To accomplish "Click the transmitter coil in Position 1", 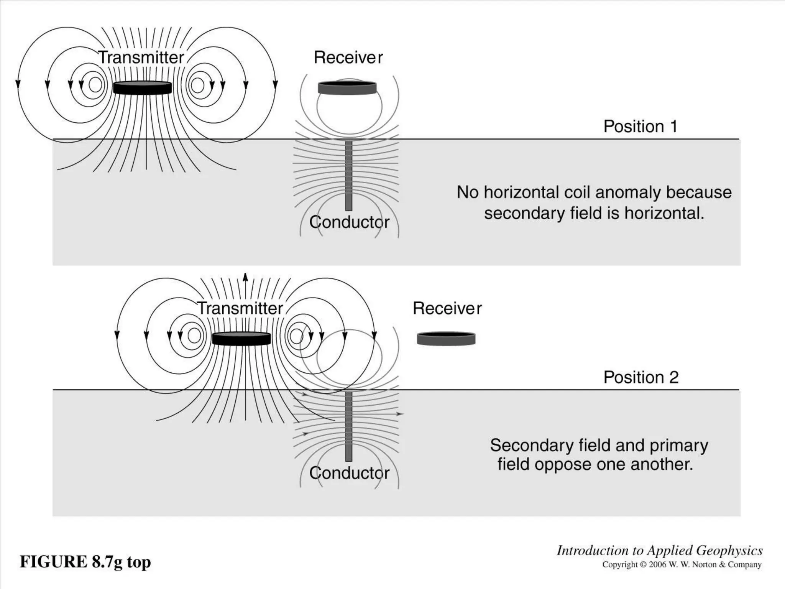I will [x=142, y=88].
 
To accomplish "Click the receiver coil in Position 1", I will [x=347, y=88].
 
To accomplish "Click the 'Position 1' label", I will [x=640, y=127].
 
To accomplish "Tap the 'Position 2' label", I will [x=641, y=377].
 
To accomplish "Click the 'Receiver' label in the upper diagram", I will [x=348, y=58].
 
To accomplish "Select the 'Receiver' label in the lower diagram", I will [x=447, y=308].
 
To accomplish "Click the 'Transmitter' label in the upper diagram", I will [x=141, y=58].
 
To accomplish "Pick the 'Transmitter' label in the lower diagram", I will [x=240, y=308].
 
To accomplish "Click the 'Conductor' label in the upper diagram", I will [x=349, y=222].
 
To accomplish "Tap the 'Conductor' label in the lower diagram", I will [x=349, y=473].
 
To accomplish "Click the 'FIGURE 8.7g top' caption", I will [x=85, y=562].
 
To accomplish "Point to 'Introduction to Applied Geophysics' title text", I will [x=659, y=551].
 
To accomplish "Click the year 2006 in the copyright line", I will [x=658, y=564].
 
